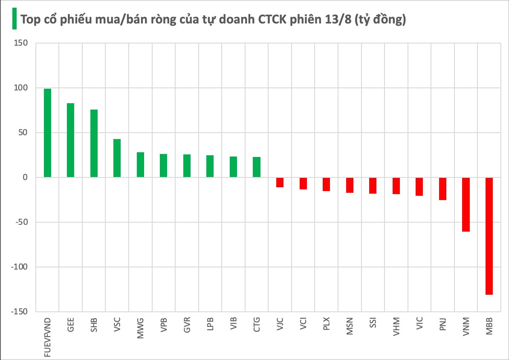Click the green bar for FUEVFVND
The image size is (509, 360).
(47, 133)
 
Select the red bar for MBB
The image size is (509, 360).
(489, 236)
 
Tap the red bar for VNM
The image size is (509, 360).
(466, 204)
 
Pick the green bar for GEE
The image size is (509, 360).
(70, 140)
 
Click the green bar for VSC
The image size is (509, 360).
(117, 158)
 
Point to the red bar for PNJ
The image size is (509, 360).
(443, 189)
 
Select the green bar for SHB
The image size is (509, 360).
(94, 143)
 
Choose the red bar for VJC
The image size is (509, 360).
(280, 182)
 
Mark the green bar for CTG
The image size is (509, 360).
(256, 167)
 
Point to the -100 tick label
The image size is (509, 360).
(18, 267)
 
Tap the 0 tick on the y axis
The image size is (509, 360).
(25, 177)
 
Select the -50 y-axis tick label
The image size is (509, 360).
(20, 222)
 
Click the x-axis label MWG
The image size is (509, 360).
(140, 328)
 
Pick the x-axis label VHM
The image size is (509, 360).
(396, 327)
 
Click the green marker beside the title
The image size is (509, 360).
(14, 19)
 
